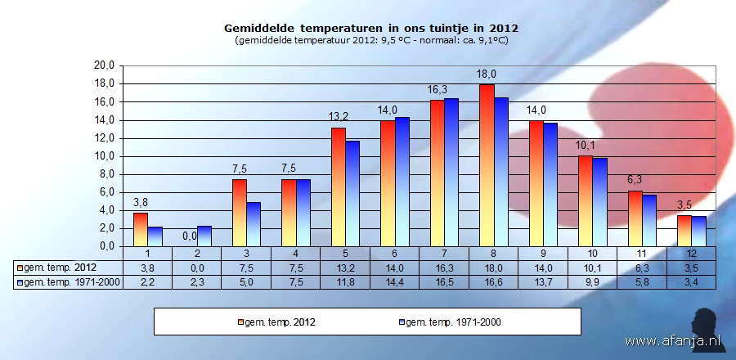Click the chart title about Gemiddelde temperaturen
[370, 29]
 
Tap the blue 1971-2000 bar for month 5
[352, 193]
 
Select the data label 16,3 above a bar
[437, 90]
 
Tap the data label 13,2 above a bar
[338, 118]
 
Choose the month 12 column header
[691, 254]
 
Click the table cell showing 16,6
[493, 281]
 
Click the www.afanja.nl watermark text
[673, 340]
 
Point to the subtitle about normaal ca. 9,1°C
[370, 40]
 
